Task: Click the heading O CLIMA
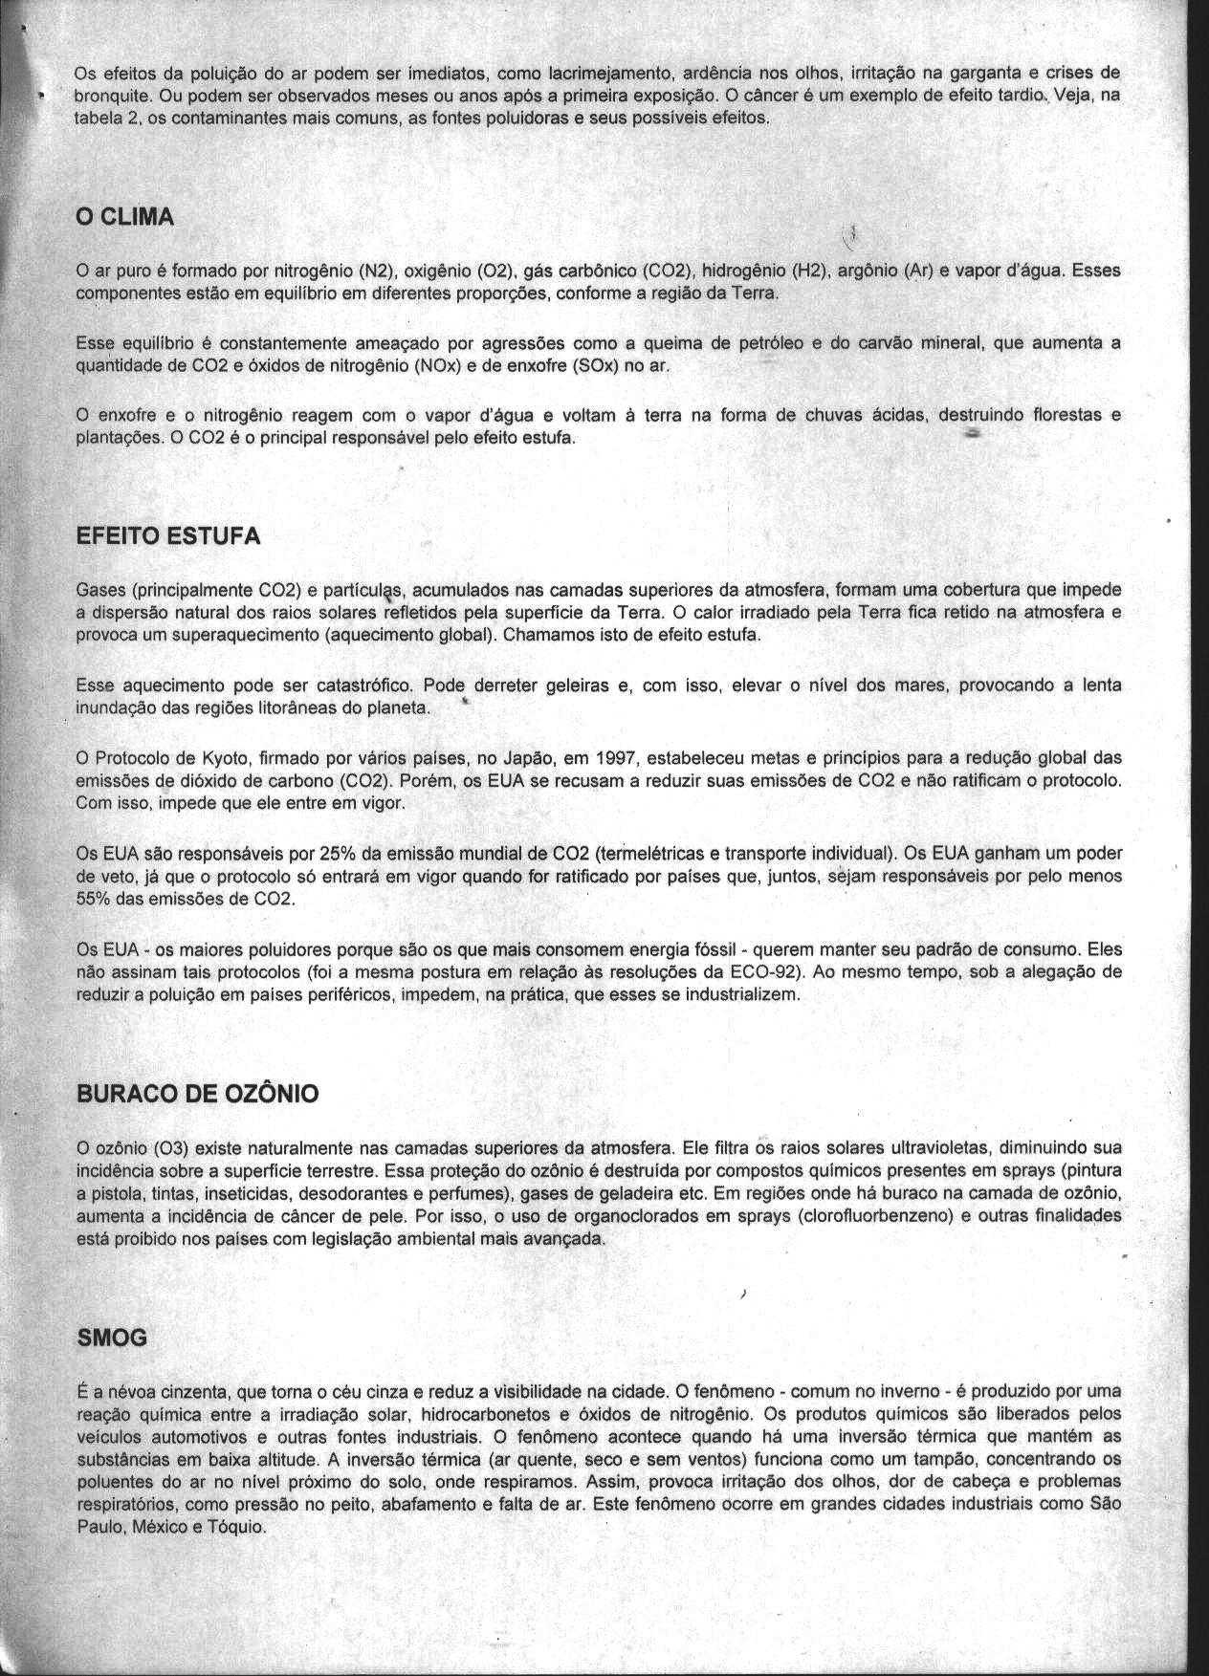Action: (x=124, y=218)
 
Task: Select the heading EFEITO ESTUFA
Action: (x=167, y=536)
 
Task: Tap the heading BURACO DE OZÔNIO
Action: (x=197, y=1095)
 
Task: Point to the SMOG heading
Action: (x=112, y=1339)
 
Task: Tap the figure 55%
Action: (x=93, y=900)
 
